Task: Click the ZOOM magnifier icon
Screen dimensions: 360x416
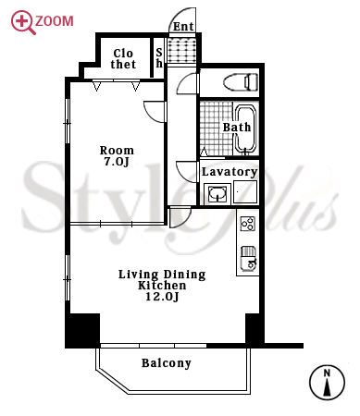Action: [21, 22]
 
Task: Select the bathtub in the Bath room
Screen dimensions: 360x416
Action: [245, 128]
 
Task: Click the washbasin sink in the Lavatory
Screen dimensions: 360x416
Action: [217, 193]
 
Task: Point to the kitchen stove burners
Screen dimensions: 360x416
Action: [248, 224]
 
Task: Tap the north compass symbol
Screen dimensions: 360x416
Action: [327, 383]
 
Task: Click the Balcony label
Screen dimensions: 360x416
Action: [167, 363]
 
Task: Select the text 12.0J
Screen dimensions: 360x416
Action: [162, 297]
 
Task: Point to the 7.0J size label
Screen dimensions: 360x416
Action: [117, 162]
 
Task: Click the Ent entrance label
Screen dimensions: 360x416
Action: [183, 27]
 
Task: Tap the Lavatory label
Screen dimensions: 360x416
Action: [230, 172]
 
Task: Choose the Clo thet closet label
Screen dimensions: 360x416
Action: [123, 59]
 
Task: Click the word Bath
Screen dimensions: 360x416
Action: [237, 127]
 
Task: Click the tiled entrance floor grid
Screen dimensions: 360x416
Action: [181, 50]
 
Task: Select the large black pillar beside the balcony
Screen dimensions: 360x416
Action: [82, 330]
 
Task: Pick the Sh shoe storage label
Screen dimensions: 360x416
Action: [159, 58]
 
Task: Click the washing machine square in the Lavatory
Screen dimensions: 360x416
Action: [245, 191]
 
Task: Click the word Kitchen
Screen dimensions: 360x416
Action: [162, 286]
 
